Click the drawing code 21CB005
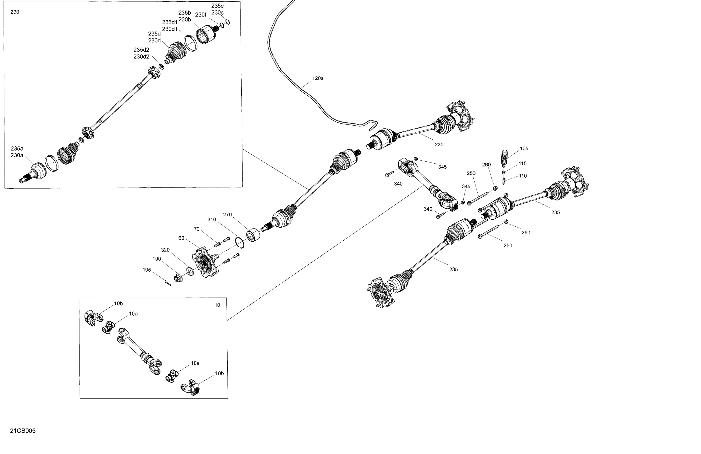click(23, 431)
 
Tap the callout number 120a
click(318, 78)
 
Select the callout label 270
click(227, 215)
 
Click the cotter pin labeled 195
click(168, 283)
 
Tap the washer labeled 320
click(190, 271)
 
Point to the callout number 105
click(524, 149)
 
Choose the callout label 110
click(523, 176)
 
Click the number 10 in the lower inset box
click(217, 305)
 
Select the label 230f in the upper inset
click(200, 15)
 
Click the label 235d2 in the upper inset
click(141, 50)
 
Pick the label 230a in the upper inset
click(17, 155)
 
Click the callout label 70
click(197, 229)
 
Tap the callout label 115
click(522, 164)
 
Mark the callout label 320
click(165, 250)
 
